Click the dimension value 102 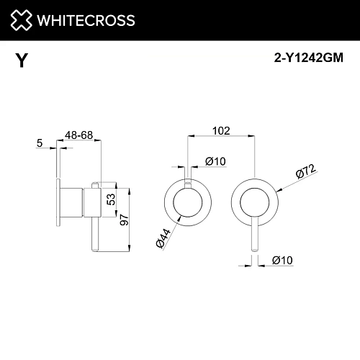coord(222,131)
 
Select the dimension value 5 coord(38,143)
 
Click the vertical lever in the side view coord(93,216)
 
